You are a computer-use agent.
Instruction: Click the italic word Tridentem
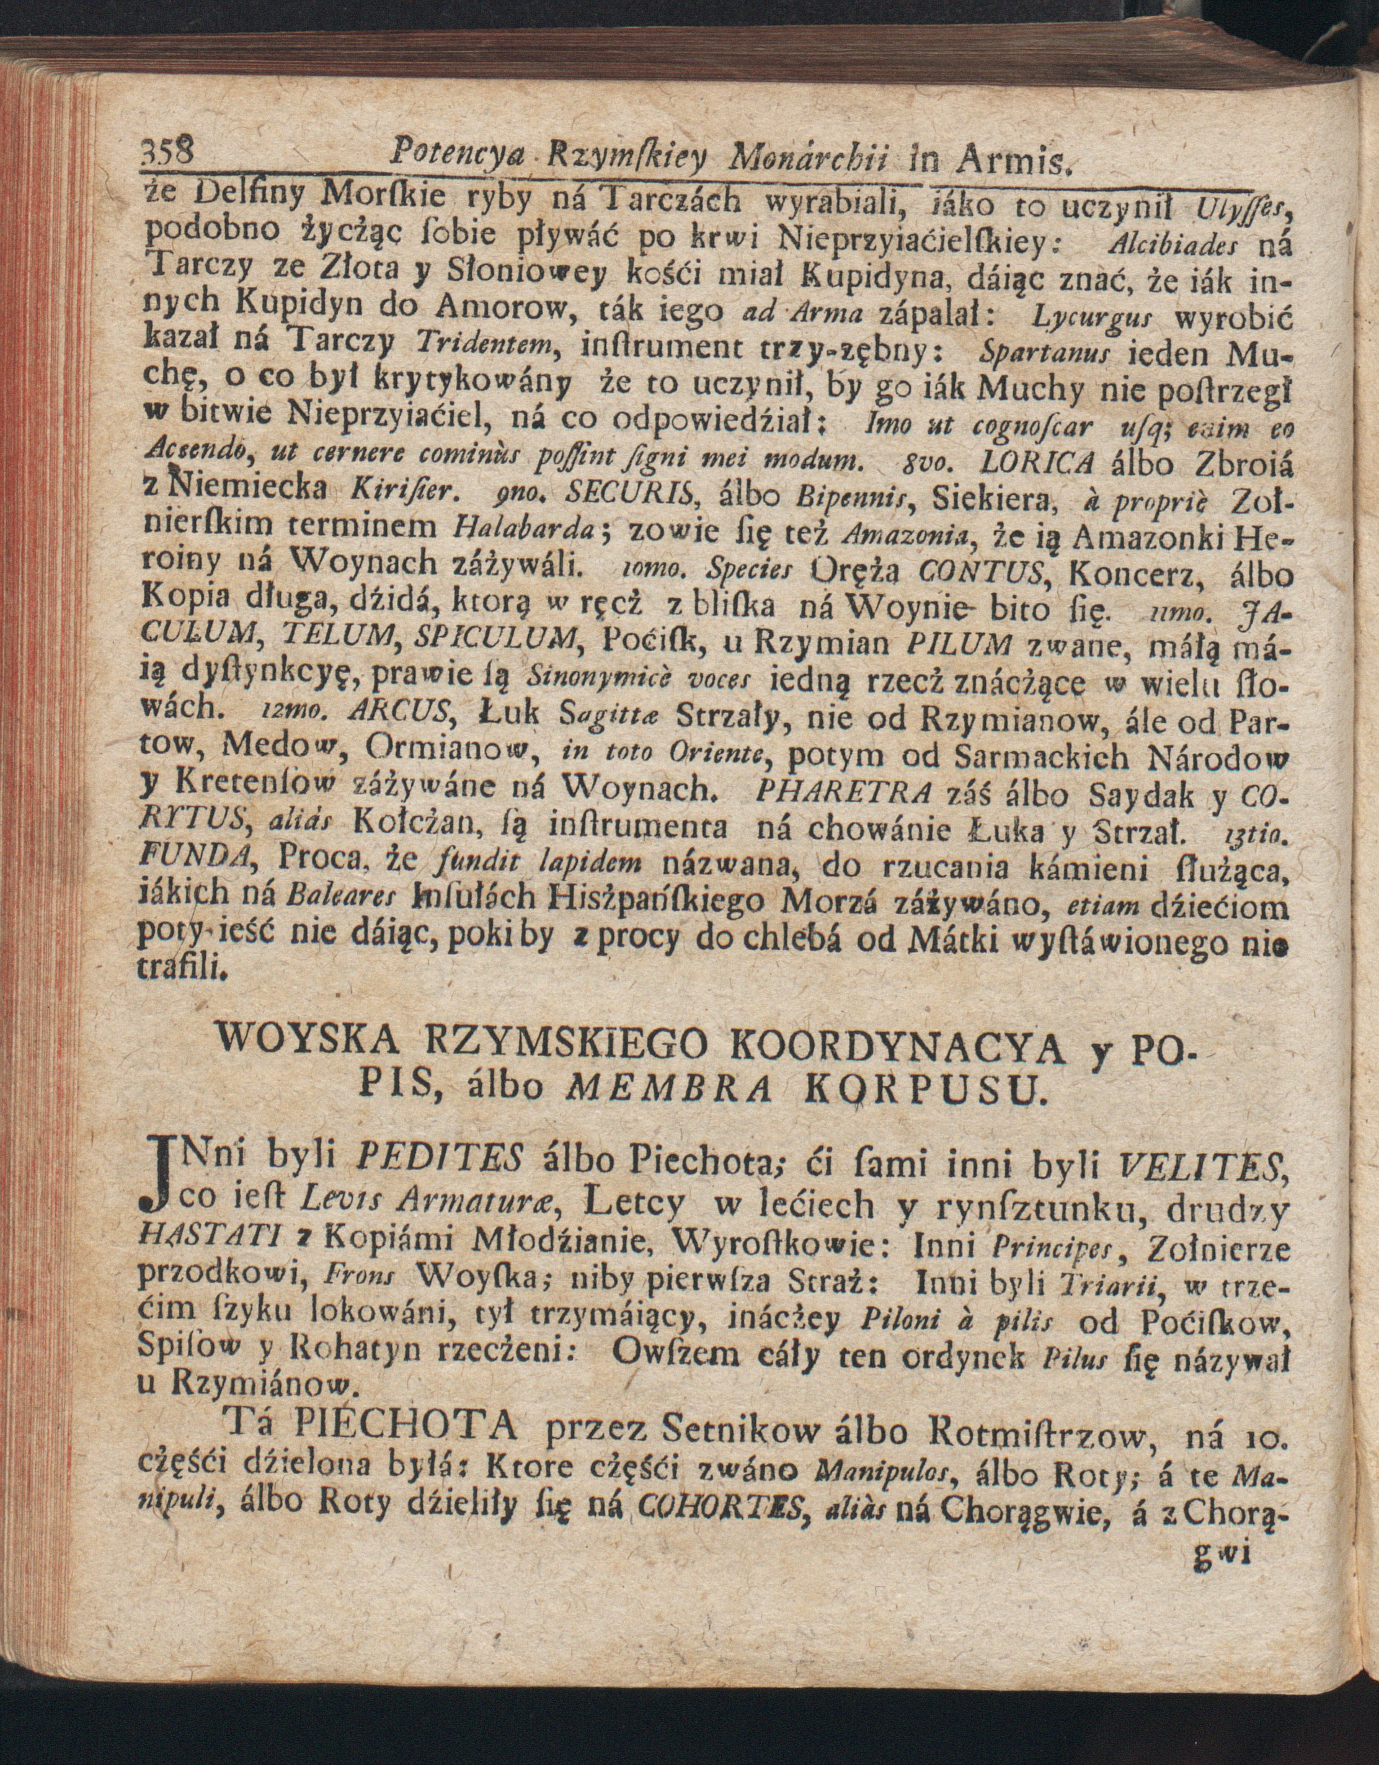pos(482,347)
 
